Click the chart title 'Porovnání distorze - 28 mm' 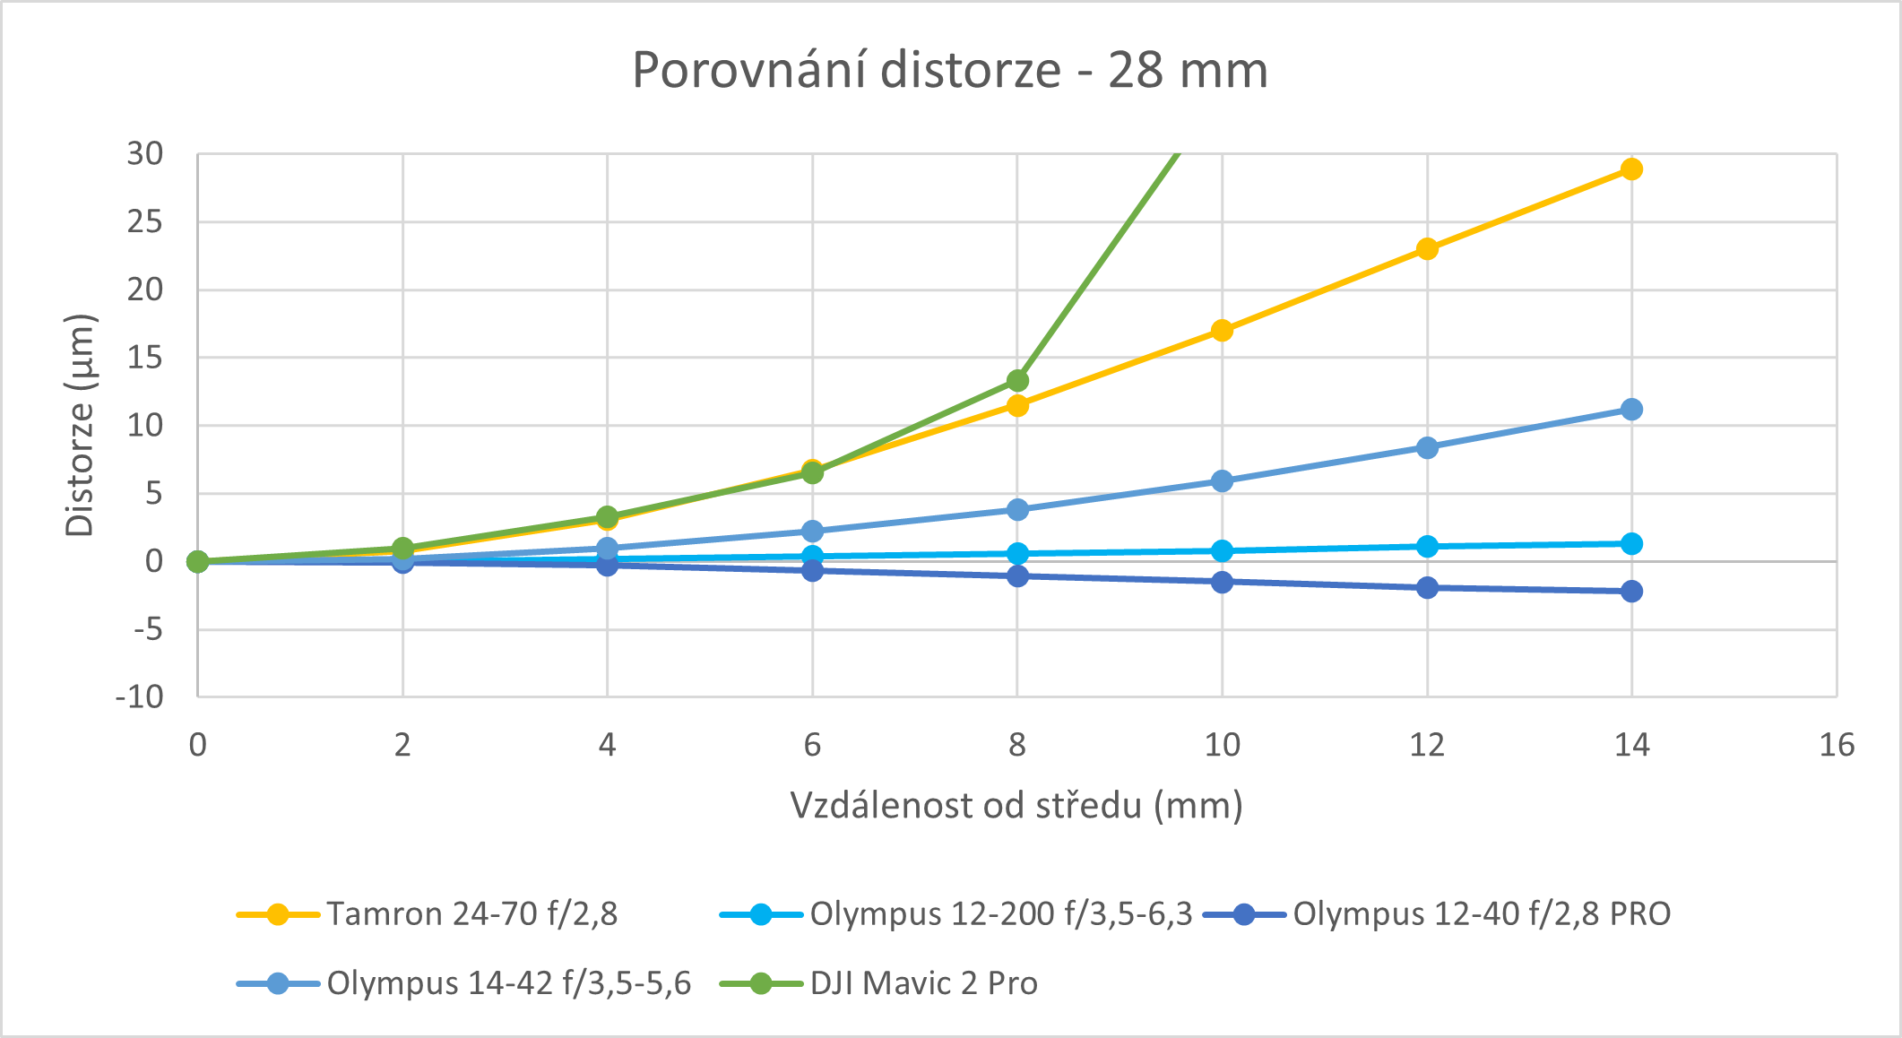(950, 70)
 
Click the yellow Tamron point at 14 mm (1631, 169)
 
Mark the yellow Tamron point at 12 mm (1427, 248)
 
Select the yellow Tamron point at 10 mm (1222, 331)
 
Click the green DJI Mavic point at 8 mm (1017, 381)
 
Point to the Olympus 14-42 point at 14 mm (1631, 410)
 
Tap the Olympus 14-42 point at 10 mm (1222, 481)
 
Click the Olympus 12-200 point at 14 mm (1631, 544)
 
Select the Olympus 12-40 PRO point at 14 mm (1631, 591)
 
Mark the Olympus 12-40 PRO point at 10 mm (1222, 582)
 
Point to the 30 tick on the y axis (145, 154)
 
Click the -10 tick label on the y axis (140, 696)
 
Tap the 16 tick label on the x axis (1837, 745)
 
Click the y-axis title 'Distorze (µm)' (81, 425)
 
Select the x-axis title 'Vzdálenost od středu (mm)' (1016, 806)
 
